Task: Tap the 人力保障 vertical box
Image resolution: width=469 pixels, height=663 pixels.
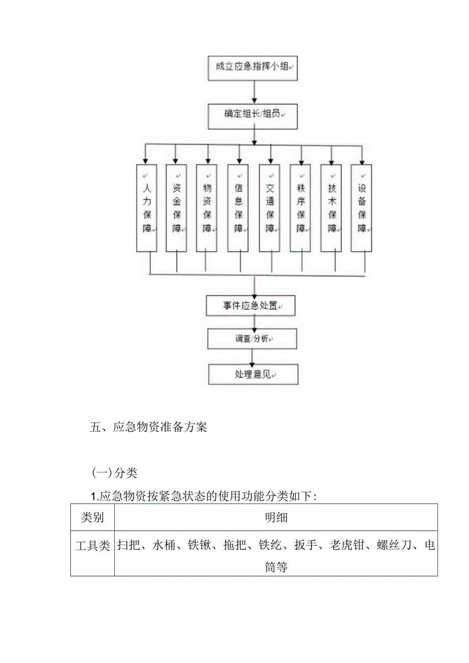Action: [147, 207]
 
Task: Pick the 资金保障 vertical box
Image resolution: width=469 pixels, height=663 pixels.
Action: [176, 207]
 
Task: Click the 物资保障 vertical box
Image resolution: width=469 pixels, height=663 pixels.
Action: [207, 207]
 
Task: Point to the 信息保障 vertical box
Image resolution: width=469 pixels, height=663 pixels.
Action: [238, 207]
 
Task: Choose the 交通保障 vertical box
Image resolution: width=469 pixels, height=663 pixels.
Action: [270, 207]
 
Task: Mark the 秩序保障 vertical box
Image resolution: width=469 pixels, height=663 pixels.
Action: [301, 207]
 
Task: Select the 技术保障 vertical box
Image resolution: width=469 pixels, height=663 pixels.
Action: [331, 207]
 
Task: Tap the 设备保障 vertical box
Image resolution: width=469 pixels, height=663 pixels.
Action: [362, 207]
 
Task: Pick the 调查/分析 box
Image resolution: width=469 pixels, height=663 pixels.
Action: [252, 338]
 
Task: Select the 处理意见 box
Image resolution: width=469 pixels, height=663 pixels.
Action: [253, 374]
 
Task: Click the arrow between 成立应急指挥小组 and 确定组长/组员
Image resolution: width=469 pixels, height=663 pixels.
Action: [254, 91]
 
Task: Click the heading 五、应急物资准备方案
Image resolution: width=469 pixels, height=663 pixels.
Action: [148, 428]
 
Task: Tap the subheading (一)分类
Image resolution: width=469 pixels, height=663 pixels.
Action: [114, 473]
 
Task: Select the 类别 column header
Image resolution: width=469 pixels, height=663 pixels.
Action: [93, 518]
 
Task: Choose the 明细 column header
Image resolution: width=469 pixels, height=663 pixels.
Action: [276, 518]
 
